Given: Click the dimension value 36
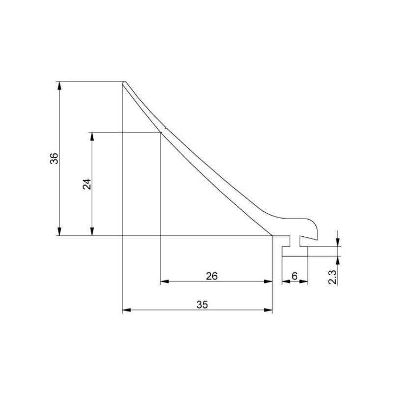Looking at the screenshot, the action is coord(55,158).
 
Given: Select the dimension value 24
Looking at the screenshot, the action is coord(87,184).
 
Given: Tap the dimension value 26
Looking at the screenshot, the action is coord(212,276).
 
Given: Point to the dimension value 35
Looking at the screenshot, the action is coord(202,305).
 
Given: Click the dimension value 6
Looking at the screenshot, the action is coord(294,276).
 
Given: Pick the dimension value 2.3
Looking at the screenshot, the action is coord(333,277).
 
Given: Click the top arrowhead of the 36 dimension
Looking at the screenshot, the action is coord(59,85).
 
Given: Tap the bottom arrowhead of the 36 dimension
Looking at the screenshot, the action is coord(59,231).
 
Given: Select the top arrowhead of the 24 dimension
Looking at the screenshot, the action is coord(92,137).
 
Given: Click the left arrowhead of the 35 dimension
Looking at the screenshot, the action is coord(127,310).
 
